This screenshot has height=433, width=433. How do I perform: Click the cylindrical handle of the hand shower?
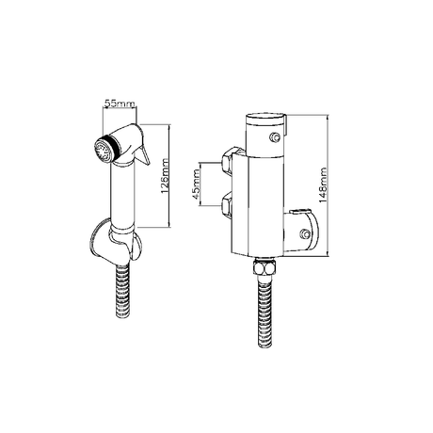point(123,193)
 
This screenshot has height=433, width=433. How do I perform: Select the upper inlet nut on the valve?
point(231,159)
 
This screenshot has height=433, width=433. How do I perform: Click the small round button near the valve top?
point(274,140)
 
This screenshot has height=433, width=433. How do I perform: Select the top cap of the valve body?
point(264,123)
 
